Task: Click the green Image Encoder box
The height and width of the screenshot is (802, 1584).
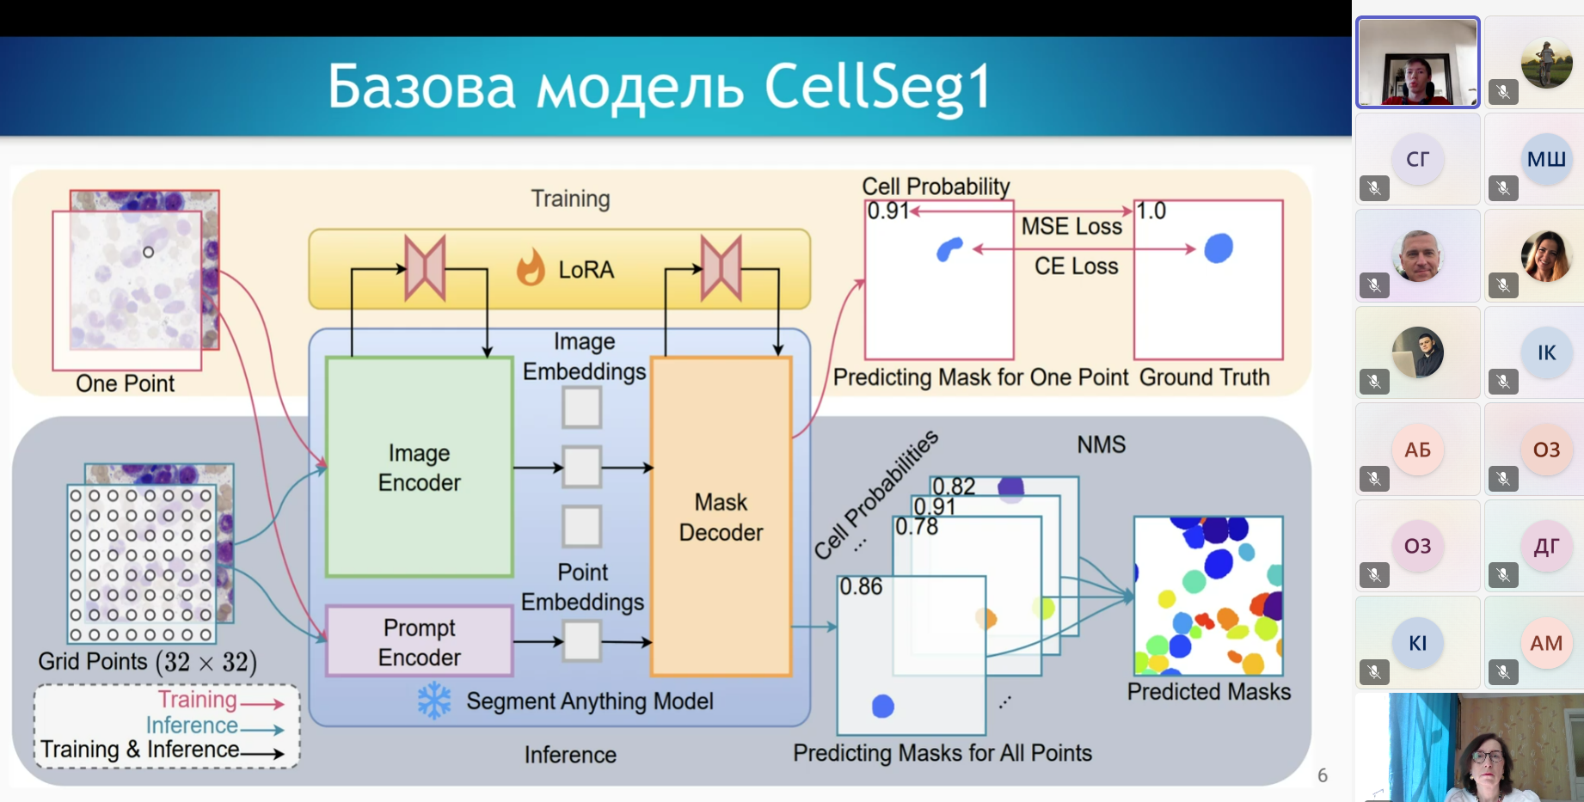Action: point(419,467)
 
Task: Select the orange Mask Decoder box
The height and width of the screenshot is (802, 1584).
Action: point(721,517)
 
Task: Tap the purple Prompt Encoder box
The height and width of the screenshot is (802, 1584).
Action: point(419,641)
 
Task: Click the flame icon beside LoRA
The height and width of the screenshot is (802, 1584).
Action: point(531,267)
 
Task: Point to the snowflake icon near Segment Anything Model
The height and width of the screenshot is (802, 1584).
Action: point(434,701)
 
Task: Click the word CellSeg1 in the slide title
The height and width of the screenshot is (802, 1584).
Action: point(877,87)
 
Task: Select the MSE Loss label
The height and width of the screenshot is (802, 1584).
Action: point(1071,226)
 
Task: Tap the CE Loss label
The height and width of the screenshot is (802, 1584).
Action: point(1076,266)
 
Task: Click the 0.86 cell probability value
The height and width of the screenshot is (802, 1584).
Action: point(861,587)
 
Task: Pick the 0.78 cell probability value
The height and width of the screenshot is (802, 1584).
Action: point(917,526)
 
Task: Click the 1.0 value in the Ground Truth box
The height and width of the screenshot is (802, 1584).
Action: point(1151,211)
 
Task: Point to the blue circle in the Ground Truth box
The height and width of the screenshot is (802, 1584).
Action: point(1219,248)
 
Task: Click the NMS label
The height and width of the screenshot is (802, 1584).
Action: point(1101,444)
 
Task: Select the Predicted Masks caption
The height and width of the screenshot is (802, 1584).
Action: point(1208,692)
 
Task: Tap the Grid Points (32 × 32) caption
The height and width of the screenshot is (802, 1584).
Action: point(147,662)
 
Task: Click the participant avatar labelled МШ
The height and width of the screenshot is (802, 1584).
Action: point(1545,159)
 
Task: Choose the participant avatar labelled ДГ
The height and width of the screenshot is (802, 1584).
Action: point(1546,546)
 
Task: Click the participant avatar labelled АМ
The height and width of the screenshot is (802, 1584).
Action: point(1546,643)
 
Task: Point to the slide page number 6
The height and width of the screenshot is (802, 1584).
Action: point(1323,775)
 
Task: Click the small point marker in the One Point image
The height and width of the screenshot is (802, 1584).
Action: point(148,252)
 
